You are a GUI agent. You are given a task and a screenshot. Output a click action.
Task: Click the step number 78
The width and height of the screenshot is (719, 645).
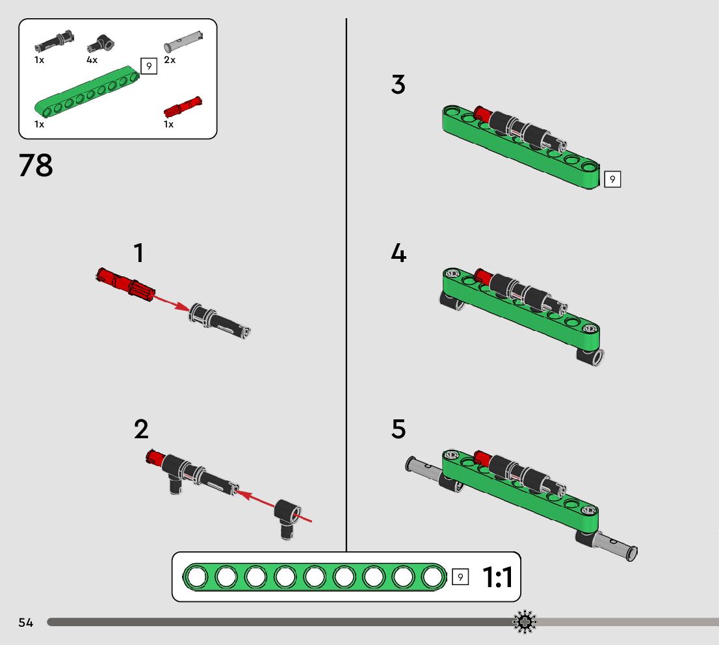[36, 166]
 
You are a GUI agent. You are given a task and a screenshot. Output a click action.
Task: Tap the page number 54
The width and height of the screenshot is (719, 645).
[26, 623]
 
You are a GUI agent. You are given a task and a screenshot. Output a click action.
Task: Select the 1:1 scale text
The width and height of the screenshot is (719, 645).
[497, 577]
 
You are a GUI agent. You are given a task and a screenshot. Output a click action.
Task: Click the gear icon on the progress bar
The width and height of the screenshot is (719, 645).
[525, 622]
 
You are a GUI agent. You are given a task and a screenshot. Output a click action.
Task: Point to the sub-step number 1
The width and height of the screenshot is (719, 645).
[138, 253]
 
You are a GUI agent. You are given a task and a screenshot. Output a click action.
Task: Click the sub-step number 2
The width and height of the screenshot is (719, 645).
[141, 430]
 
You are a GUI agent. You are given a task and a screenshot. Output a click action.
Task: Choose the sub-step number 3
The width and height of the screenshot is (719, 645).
[398, 85]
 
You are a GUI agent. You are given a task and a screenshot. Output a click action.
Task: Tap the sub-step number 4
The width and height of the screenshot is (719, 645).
[399, 253]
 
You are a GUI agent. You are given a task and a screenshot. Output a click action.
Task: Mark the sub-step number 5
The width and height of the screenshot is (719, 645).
[399, 430]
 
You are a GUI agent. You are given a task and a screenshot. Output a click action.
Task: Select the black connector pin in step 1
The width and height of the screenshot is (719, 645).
[220, 322]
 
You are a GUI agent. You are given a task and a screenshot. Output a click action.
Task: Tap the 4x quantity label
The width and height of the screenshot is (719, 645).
[92, 60]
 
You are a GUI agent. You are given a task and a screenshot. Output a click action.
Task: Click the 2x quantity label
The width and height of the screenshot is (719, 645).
[170, 60]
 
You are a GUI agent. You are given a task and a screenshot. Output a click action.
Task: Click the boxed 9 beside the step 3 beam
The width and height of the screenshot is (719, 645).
[612, 179]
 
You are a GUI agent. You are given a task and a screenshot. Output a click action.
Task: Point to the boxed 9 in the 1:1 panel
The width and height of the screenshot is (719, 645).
[460, 577]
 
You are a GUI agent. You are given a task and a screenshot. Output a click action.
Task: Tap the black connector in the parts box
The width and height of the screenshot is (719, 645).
[100, 44]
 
